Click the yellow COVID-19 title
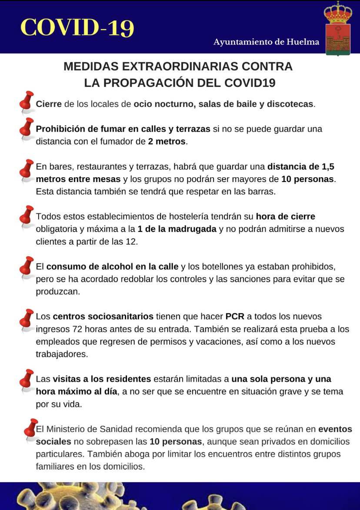pos(77,27)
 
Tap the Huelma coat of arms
pos(337,29)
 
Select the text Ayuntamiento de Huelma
pos(266,42)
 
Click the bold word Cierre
pos(49,104)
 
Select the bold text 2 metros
pos(167,142)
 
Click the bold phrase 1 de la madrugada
pos(177,229)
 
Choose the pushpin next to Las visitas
pos(27,379)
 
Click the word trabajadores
pos(62,354)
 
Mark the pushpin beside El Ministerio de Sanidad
pos(30,429)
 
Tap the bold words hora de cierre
pos(286,216)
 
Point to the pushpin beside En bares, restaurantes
pos(27,169)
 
